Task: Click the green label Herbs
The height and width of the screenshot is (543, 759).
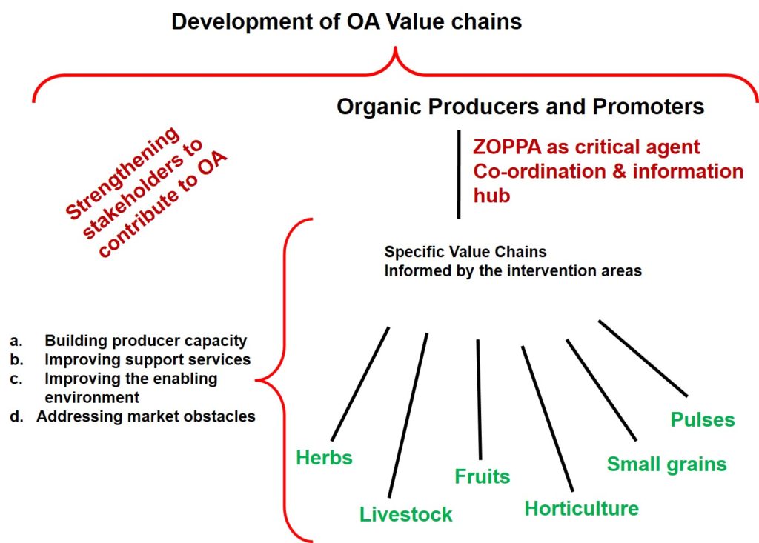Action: [x=325, y=457]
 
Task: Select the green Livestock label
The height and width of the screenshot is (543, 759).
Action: [x=405, y=514]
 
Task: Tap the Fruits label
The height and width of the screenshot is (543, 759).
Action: [x=482, y=476]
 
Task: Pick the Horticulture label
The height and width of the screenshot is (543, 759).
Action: [x=582, y=508]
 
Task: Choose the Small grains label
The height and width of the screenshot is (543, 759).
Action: [x=667, y=464]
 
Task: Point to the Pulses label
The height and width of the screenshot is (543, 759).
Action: [x=703, y=419]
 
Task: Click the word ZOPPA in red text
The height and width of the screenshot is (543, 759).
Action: [x=507, y=147]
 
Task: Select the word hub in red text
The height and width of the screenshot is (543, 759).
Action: [x=492, y=196]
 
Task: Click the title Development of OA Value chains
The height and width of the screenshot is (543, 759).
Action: [x=347, y=21]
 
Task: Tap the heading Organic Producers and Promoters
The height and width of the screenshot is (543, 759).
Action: [x=520, y=107]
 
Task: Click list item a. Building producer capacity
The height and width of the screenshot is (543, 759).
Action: [x=128, y=341]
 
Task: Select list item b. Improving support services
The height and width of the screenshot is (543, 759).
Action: [x=130, y=359]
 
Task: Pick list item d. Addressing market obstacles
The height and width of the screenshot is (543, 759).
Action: [x=133, y=416]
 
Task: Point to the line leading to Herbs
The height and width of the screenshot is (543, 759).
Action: [x=360, y=384]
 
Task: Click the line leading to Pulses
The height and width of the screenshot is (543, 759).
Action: [x=643, y=358]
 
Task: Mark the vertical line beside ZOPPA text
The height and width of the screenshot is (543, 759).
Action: [x=458, y=174]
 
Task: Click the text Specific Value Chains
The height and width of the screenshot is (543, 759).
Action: [x=465, y=252]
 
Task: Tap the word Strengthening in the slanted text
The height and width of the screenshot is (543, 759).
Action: [x=122, y=173]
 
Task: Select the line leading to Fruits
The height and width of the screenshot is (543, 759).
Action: [x=480, y=399]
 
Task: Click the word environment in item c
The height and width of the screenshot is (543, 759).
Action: [x=92, y=397]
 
